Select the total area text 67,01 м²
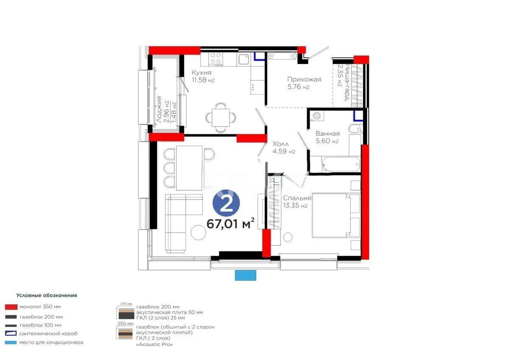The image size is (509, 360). (230, 223)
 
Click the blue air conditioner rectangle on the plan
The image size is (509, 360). (246, 276)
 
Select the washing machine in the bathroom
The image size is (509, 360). (317, 115)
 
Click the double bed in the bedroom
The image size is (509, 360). (336, 216)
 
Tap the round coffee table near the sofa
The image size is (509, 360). (199, 232)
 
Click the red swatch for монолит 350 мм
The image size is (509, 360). (11, 306)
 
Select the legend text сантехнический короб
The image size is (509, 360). (48, 333)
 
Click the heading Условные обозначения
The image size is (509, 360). (47, 295)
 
